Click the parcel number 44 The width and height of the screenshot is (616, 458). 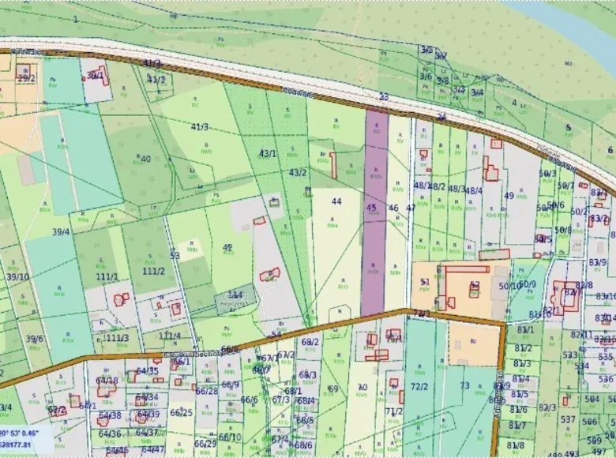336,201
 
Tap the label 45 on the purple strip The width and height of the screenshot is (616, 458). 371,208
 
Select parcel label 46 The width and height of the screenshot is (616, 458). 393,208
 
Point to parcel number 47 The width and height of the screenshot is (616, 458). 411,208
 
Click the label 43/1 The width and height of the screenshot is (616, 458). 269,154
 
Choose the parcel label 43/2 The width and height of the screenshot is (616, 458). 298,172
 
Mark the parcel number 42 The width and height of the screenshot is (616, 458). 227,247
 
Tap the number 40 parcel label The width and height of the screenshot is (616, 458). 145,159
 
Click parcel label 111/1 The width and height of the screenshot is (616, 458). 107,276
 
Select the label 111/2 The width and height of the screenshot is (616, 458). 153,271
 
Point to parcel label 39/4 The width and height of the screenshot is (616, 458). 61,231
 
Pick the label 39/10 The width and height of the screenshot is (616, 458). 17,276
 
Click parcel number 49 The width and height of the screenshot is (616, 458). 509,195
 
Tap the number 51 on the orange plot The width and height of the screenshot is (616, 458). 425,281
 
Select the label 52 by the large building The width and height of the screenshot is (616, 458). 474,286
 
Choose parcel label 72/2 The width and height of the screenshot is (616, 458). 419,386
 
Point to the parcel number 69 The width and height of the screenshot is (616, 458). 332,389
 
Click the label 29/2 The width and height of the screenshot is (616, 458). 27,77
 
